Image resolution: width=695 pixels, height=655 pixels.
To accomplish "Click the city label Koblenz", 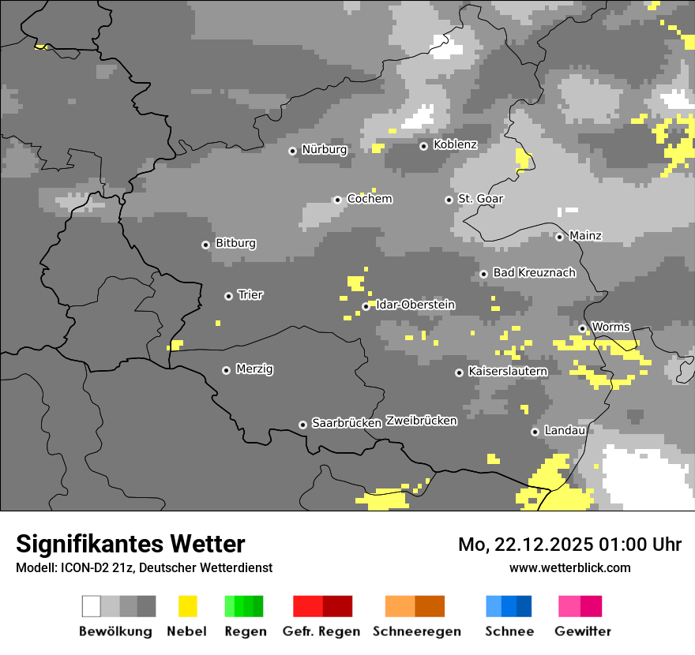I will pyautogui.click(x=455, y=144).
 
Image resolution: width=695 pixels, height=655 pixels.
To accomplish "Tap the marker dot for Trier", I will pyautogui.click(x=228, y=296).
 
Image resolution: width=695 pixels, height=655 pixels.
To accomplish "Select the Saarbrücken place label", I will pyautogui.click(x=347, y=423).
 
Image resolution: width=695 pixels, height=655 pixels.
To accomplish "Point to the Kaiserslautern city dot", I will pyautogui.click(x=459, y=372).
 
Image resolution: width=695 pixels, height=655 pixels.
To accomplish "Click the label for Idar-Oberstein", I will pyautogui.click(x=415, y=305).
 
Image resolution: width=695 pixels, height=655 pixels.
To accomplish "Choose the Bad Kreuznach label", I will pyautogui.click(x=534, y=272).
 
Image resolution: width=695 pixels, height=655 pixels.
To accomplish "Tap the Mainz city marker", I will pyautogui.click(x=559, y=237).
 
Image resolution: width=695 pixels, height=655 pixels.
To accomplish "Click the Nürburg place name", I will pyautogui.click(x=325, y=149).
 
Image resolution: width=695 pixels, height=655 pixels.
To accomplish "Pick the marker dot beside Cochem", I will pyautogui.click(x=337, y=200).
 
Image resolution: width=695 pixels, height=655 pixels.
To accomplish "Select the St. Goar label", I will pyautogui.click(x=480, y=199).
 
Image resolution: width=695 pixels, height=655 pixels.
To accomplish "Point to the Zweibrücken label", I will pyautogui.click(x=421, y=421).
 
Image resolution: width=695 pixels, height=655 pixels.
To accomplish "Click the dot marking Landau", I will pyautogui.click(x=535, y=432).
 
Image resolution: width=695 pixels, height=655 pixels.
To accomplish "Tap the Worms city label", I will pyautogui.click(x=610, y=327).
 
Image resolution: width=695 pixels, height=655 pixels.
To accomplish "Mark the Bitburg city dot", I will pyautogui.click(x=205, y=245).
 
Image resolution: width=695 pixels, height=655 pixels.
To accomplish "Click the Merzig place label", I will pyautogui.click(x=255, y=369).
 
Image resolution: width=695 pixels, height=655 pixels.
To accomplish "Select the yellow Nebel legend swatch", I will pyautogui.click(x=187, y=606).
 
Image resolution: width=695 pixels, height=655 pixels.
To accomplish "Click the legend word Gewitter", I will pyautogui.click(x=583, y=631).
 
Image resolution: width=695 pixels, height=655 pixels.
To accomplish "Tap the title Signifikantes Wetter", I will pyautogui.click(x=130, y=544).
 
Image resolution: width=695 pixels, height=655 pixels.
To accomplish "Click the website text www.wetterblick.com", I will pyautogui.click(x=570, y=567).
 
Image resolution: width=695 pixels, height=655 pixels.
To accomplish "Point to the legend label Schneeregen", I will pyautogui.click(x=417, y=631).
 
